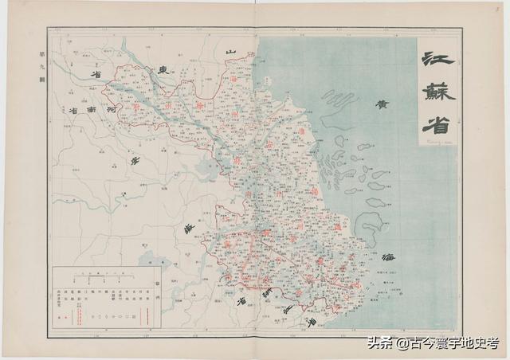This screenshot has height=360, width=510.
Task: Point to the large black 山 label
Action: coord(231,53)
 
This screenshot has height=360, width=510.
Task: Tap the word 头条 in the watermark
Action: coord(379,343)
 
